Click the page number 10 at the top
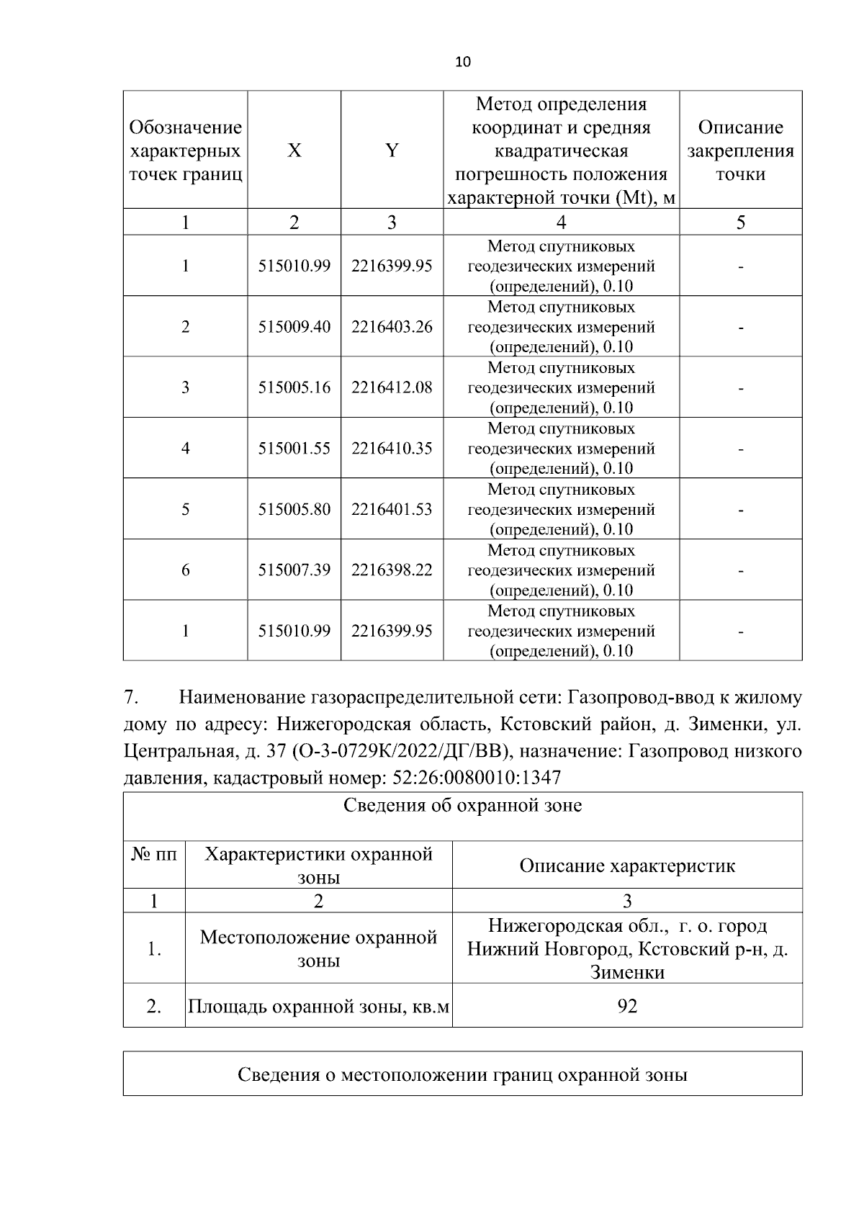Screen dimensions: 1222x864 pos(463,62)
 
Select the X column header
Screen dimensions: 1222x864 pos(294,150)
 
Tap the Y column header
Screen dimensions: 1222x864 pos(392,150)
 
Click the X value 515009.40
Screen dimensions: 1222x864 pos(294,327)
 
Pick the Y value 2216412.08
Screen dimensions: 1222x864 pos(392,387)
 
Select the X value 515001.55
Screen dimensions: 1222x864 pos(294,449)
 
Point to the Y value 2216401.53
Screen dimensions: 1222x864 pos(392,509)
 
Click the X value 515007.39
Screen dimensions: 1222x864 pos(294,570)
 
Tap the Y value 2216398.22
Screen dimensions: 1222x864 pos(392,570)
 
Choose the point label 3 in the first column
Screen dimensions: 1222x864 pos(185,387)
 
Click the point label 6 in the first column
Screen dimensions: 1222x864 pos(185,570)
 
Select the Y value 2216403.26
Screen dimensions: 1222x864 pos(392,327)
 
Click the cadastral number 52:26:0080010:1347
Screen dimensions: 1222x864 pos(475,778)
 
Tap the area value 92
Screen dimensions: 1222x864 pos(627,1006)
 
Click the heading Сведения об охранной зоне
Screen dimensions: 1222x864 pos(462,805)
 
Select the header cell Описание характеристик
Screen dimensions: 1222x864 pos(627,866)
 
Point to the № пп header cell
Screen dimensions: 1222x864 pos(154,855)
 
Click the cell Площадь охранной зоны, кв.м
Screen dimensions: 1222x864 pos(318,1006)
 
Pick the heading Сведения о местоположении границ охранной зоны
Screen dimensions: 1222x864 pos(462,1075)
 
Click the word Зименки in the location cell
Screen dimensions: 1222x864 pos(627,972)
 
